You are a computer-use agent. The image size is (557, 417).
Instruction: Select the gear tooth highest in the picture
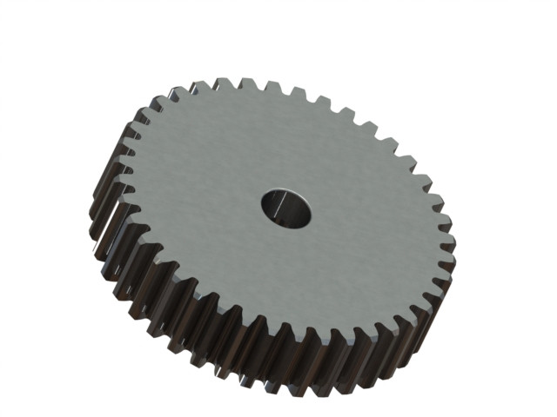pyautogui.click(x=218, y=84)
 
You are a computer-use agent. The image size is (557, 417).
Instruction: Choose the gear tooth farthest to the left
pyautogui.click(x=94, y=228)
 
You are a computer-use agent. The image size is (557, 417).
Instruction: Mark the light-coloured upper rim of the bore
pyautogui.click(x=287, y=193)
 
